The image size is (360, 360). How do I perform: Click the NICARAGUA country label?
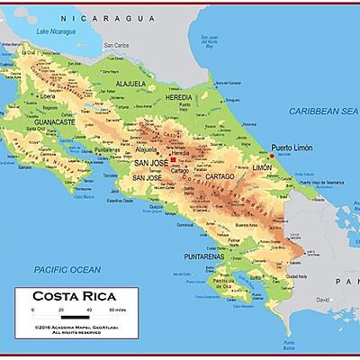[x=103, y=18]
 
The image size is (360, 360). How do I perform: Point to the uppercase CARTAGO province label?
[x=219, y=177]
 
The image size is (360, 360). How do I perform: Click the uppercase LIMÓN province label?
[x=262, y=168]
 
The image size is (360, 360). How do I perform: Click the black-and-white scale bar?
[x=73, y=314]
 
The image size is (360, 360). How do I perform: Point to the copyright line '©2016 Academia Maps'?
[x=72, y=327]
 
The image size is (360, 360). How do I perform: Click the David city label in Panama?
[x=322, y=297]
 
